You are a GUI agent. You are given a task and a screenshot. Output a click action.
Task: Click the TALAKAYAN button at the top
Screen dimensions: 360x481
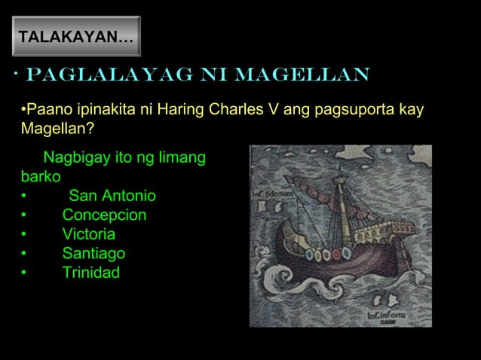(x=75, y=36)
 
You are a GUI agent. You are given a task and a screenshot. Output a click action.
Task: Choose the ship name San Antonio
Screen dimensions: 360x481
(x=112, y=197)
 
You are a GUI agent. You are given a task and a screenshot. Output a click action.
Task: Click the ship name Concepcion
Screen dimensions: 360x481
(x=104, y=215)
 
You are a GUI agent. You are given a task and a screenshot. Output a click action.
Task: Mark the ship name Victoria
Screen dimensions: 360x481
(x=89, y=234)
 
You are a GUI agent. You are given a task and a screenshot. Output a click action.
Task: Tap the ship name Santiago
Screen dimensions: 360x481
(x=93, y=253)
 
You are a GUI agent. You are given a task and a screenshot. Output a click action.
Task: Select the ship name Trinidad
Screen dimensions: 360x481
(x=90, y=272)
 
